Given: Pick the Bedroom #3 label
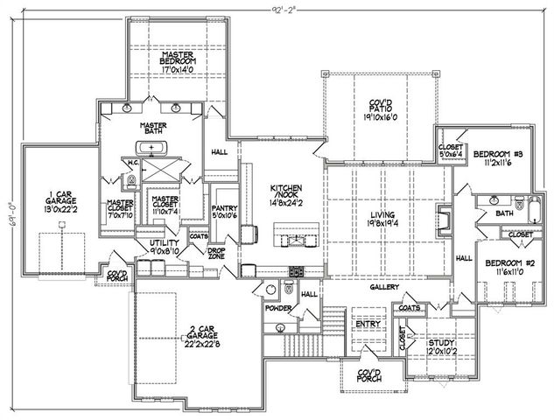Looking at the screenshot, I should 497,158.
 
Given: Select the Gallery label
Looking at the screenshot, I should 384,287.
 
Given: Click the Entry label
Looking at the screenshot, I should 366,325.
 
